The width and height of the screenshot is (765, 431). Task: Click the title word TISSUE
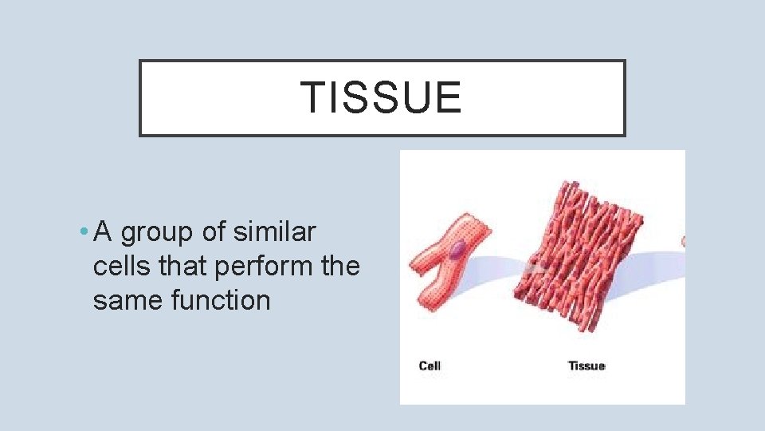tap(381, 98)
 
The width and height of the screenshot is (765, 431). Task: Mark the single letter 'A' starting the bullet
tap(103, 232)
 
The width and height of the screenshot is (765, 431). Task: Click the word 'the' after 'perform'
tap(340, 267)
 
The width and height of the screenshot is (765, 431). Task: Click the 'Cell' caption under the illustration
tap(430, 366)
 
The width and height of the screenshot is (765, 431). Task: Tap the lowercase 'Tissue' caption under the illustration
tap(586, 366)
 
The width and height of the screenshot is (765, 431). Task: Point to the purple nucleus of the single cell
tap(455, 251)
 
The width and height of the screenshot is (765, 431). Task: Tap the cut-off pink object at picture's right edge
tap(682, 240)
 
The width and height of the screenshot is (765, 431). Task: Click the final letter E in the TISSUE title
tap(448, 98)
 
